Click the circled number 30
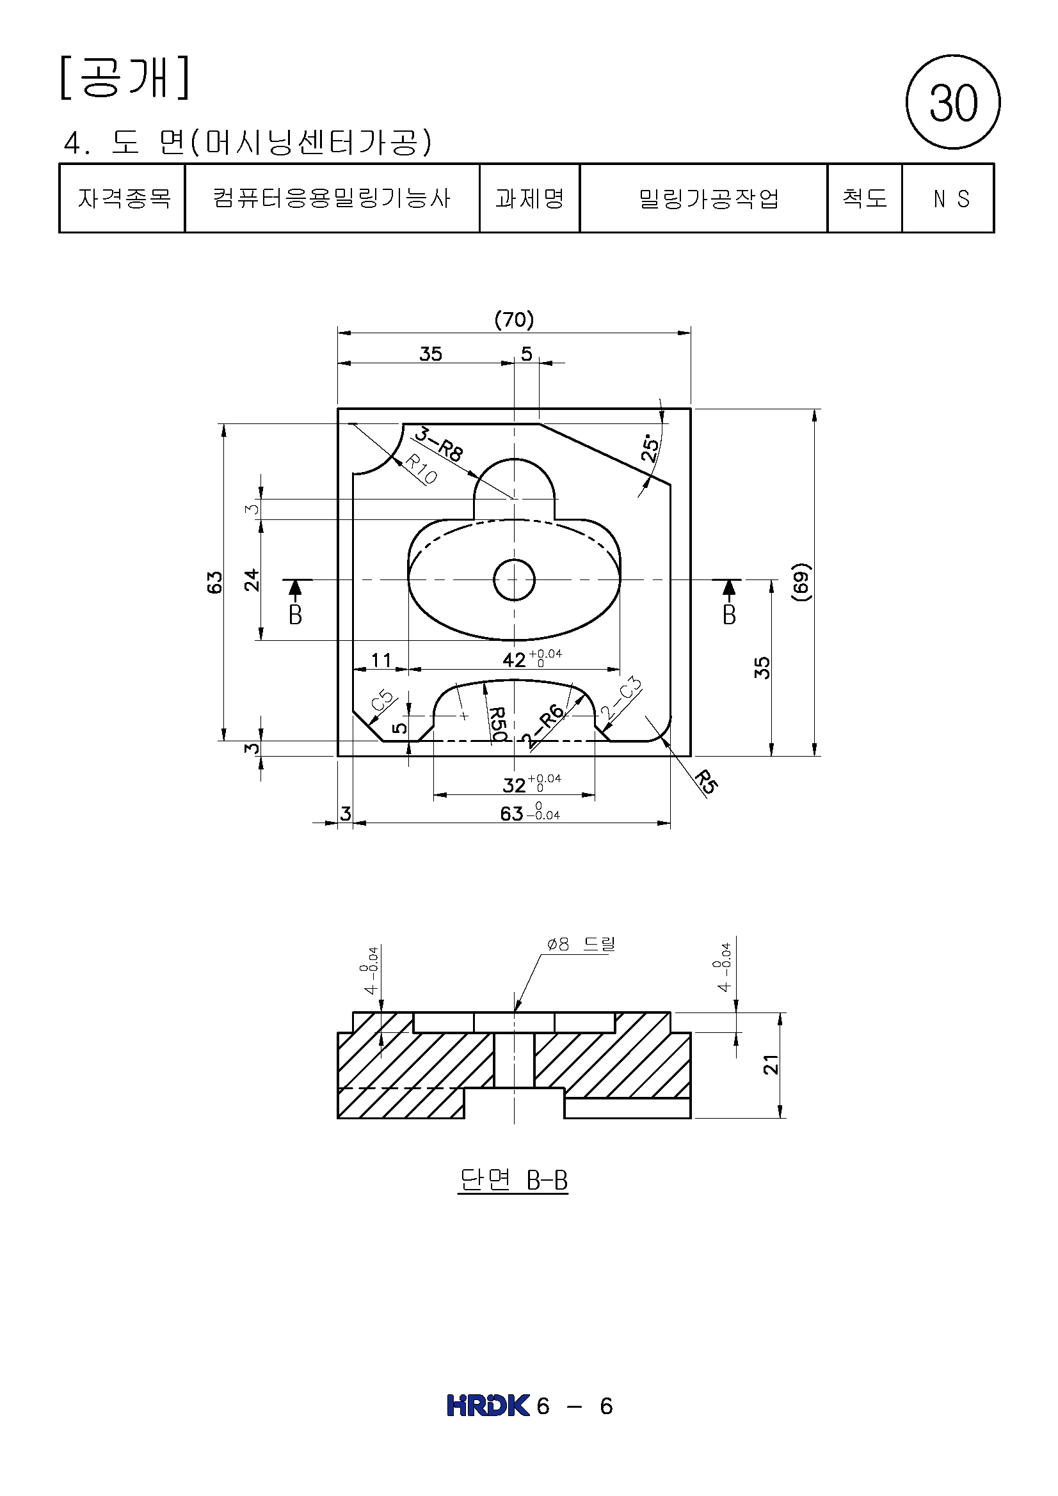(x=952, y=102)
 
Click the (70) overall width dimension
(x=514, y=319)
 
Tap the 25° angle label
(x=650, y=448)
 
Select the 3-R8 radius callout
(x=438, y=444)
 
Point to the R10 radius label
(x=421, y=469)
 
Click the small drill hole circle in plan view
(x=514, y=579)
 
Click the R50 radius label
(x=497, y=724)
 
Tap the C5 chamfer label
(x=383, y=700)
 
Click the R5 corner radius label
(x=705, y=782)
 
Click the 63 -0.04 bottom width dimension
(x=529, y=812)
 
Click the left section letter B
(x=295, y=615)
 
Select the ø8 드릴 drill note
(x=580, y=944)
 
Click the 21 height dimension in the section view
(x=771, y=1064)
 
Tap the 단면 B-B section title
(x=514, y=1180)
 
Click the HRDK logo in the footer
(x=488, y=1405)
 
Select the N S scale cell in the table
(x=950, y=199)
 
